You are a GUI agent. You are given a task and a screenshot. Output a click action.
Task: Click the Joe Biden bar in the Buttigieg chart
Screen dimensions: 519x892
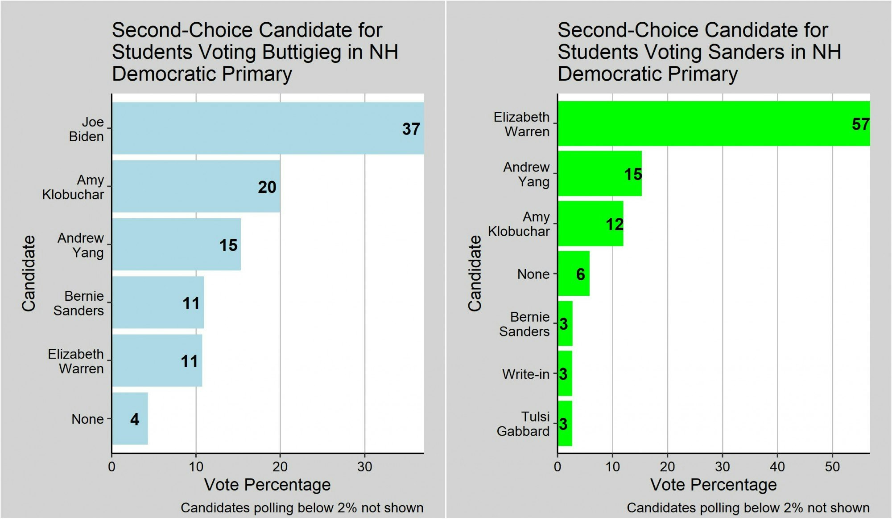click(x=268, y=128)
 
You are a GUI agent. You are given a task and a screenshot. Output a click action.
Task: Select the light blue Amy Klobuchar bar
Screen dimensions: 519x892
click(x=196, y=186)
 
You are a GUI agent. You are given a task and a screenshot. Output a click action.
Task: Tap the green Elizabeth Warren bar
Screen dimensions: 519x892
click(x=714, y=123)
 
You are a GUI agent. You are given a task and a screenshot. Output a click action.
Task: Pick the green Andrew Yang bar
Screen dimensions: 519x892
click(x=599, y=174)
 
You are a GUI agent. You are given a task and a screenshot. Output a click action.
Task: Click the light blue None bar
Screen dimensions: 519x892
click(x=129, y=419)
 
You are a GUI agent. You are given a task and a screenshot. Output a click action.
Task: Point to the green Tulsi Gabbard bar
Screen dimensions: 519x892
click(x=565, y=424)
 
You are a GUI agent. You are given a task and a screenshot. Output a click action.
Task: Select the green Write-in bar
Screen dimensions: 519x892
click(x=565, y=374)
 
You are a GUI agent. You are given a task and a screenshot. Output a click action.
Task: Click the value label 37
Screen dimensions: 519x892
click(x=411, y=129)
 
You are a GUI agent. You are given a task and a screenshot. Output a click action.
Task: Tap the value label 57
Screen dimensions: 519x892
click(x=860, y=124)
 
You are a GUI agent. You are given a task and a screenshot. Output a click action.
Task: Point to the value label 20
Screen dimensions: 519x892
click(x=267, y=187)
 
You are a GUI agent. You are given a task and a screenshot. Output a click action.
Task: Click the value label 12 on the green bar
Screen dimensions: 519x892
click(x=615, y=224)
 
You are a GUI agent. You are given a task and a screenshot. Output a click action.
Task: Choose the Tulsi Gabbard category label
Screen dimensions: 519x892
click(x=523, y=424)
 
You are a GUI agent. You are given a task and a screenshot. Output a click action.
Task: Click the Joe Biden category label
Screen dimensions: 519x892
click(x=87, y=129)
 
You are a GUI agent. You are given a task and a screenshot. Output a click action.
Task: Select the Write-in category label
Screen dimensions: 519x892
click(x=525, y=374)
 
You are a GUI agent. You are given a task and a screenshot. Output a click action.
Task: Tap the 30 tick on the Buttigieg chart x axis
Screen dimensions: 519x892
click(x=365, y=467)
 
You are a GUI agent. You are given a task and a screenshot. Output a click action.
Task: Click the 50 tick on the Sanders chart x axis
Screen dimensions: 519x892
click(x=832, y=467)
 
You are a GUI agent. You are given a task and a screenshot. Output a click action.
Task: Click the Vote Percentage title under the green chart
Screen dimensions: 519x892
click(x=714, y=485)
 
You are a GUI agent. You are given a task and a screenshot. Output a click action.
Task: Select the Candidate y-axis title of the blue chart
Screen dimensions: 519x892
click(x=29, y=273)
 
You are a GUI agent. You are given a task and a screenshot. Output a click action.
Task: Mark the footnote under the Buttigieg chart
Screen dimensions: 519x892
click(x=302, y=508)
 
